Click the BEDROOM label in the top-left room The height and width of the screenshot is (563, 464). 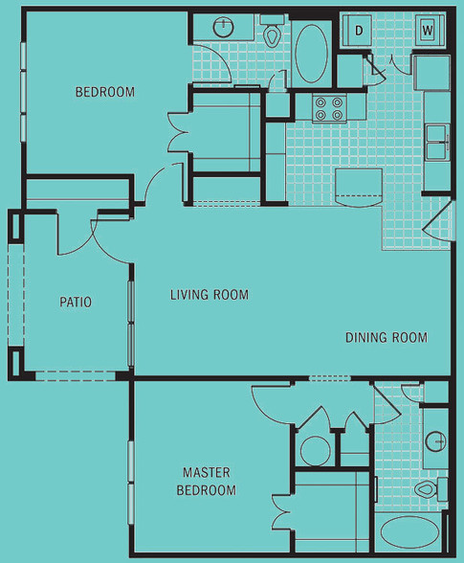105,92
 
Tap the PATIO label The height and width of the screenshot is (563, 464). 76,302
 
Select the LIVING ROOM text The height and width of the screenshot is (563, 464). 210,295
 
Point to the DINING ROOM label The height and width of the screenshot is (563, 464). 387,337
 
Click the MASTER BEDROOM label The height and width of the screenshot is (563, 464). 207,481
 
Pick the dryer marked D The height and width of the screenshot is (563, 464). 357,31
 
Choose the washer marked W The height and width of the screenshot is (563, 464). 430,31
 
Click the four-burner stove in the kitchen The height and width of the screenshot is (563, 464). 329,108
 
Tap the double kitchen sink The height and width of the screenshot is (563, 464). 437,142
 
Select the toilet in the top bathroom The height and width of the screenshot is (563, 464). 272,32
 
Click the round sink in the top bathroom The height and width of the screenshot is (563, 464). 224,27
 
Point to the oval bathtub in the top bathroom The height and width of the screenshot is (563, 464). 311,54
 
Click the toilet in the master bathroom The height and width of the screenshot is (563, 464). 431,489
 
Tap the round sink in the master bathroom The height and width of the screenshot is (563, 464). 435,440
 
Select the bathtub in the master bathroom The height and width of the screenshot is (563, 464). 409,532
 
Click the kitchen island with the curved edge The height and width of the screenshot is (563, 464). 358,188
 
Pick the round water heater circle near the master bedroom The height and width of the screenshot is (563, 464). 316,451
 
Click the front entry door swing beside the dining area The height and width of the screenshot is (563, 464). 436,223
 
